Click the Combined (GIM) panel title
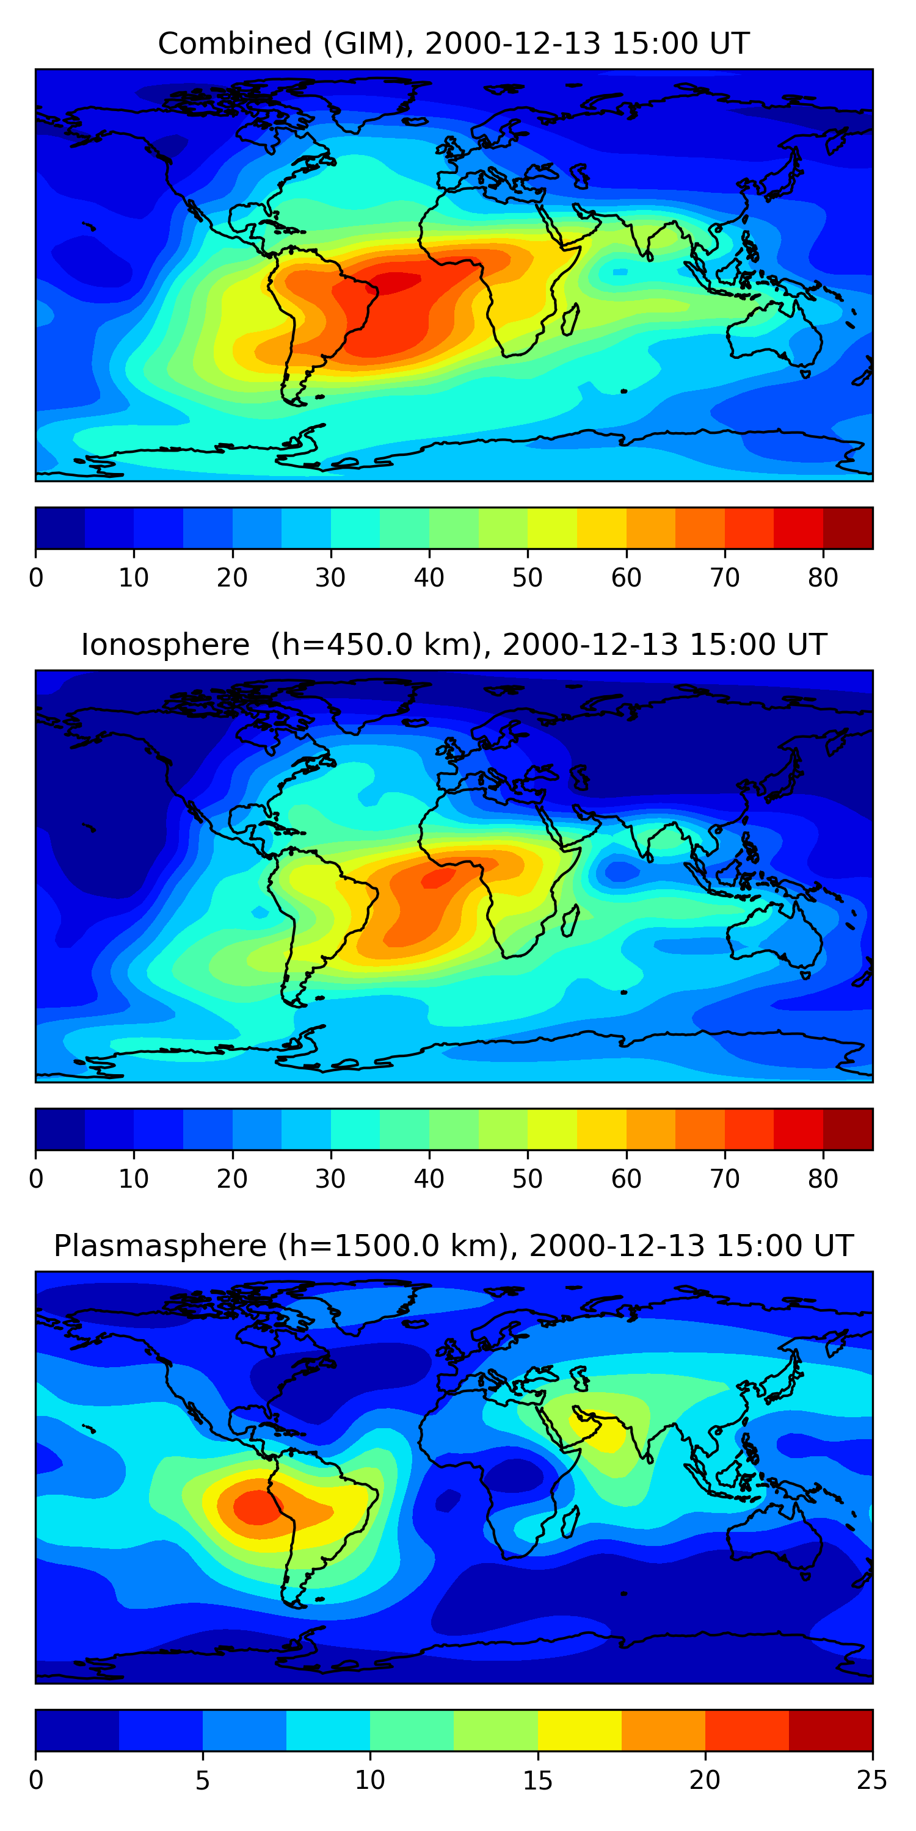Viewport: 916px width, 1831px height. coord(454,43)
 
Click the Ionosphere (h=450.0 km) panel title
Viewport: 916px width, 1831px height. coord(454,645)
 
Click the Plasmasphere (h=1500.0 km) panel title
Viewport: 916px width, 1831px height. coord(454,1246)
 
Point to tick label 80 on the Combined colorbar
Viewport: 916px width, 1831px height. coord(823,578)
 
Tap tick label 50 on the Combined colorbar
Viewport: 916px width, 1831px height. coord(527,578)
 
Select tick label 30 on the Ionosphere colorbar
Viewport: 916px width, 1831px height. coord(331,1179)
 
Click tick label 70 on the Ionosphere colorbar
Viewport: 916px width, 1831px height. coord(725,1179)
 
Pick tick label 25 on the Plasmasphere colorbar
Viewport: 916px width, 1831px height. coord(872,1780)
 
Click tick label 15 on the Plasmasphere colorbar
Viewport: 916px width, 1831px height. coord(537,1780)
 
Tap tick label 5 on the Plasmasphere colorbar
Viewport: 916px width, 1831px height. coord(203,1780)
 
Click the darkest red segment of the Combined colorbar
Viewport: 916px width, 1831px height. coord(848,528)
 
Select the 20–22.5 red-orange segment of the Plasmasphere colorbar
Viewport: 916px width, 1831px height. coord(747,1730)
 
